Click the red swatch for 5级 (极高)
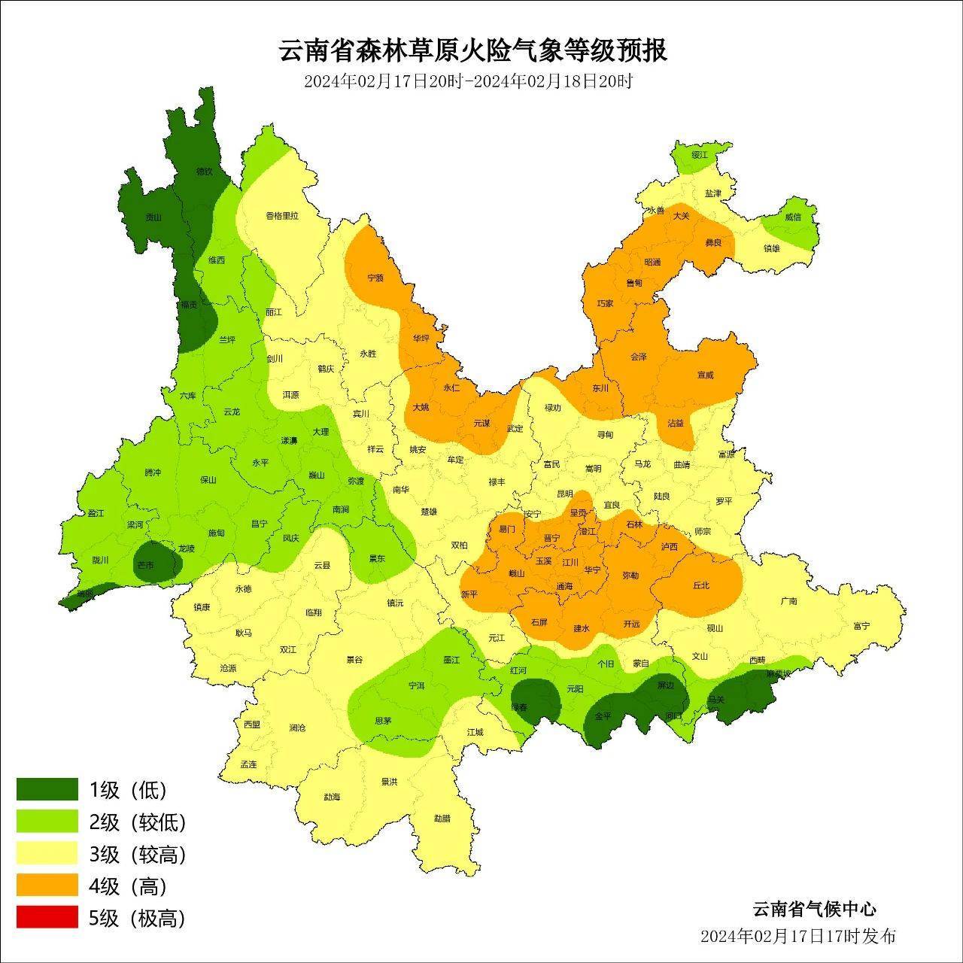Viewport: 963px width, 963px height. (47, 917)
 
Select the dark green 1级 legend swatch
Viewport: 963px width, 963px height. (47, 789)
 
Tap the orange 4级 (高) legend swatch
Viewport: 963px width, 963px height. (47, 886)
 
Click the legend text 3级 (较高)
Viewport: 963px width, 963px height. (137, 854)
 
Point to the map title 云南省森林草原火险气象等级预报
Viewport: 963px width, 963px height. (472, 51)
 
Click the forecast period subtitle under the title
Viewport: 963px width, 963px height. (467, 81)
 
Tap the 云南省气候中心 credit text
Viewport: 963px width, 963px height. (814, 909)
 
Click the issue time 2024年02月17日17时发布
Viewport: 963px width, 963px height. (797, 937)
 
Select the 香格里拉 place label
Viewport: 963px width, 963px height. (282, 215)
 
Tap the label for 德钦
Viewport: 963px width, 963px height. (204, 172)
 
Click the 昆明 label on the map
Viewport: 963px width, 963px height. (564, 494)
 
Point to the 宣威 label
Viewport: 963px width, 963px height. (705, 375)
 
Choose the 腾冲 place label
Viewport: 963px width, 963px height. (153, 472)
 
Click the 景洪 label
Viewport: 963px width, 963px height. (388, 782)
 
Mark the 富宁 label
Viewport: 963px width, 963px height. (861, 625)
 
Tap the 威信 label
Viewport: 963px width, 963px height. (793, 217)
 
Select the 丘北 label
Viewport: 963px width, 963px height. (700, 585)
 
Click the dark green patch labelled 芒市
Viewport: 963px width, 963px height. (145, 564)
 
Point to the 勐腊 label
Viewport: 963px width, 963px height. (442, 818)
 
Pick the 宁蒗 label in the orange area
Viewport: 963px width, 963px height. (375, 278)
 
